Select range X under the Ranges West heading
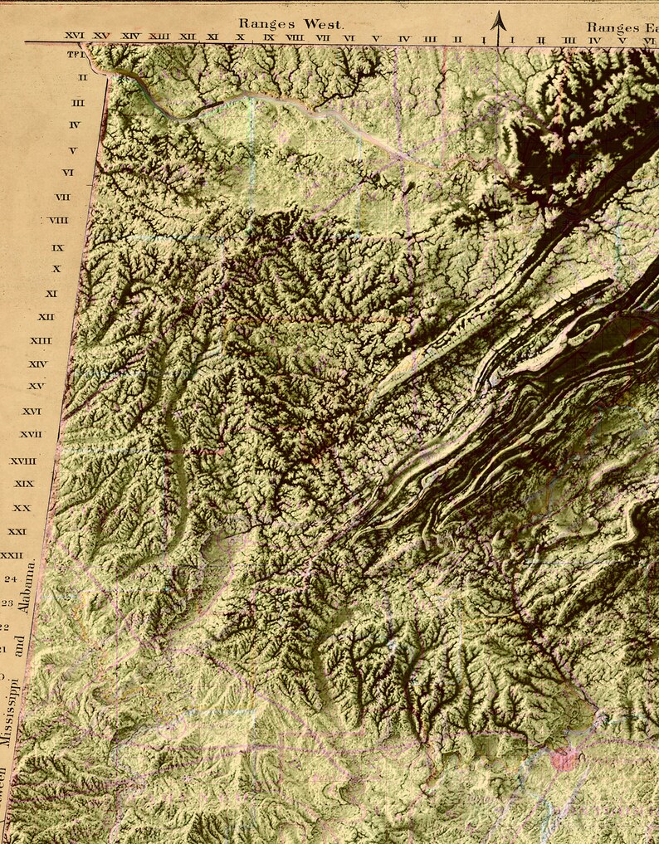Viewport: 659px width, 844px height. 240,37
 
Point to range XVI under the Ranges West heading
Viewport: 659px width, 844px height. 75,37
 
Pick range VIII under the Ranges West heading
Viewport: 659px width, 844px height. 295,37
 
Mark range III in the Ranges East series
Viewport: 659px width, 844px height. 569,38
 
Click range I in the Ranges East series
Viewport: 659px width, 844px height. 512,38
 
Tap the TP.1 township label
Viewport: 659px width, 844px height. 76,55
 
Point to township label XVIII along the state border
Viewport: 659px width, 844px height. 22,461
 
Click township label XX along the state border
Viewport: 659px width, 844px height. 22,507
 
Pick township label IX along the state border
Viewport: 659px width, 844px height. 57,247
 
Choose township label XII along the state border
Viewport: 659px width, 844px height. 46,317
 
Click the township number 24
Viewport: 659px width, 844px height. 11,578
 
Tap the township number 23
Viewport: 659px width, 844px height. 7,603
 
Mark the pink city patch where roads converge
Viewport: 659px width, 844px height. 565,757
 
